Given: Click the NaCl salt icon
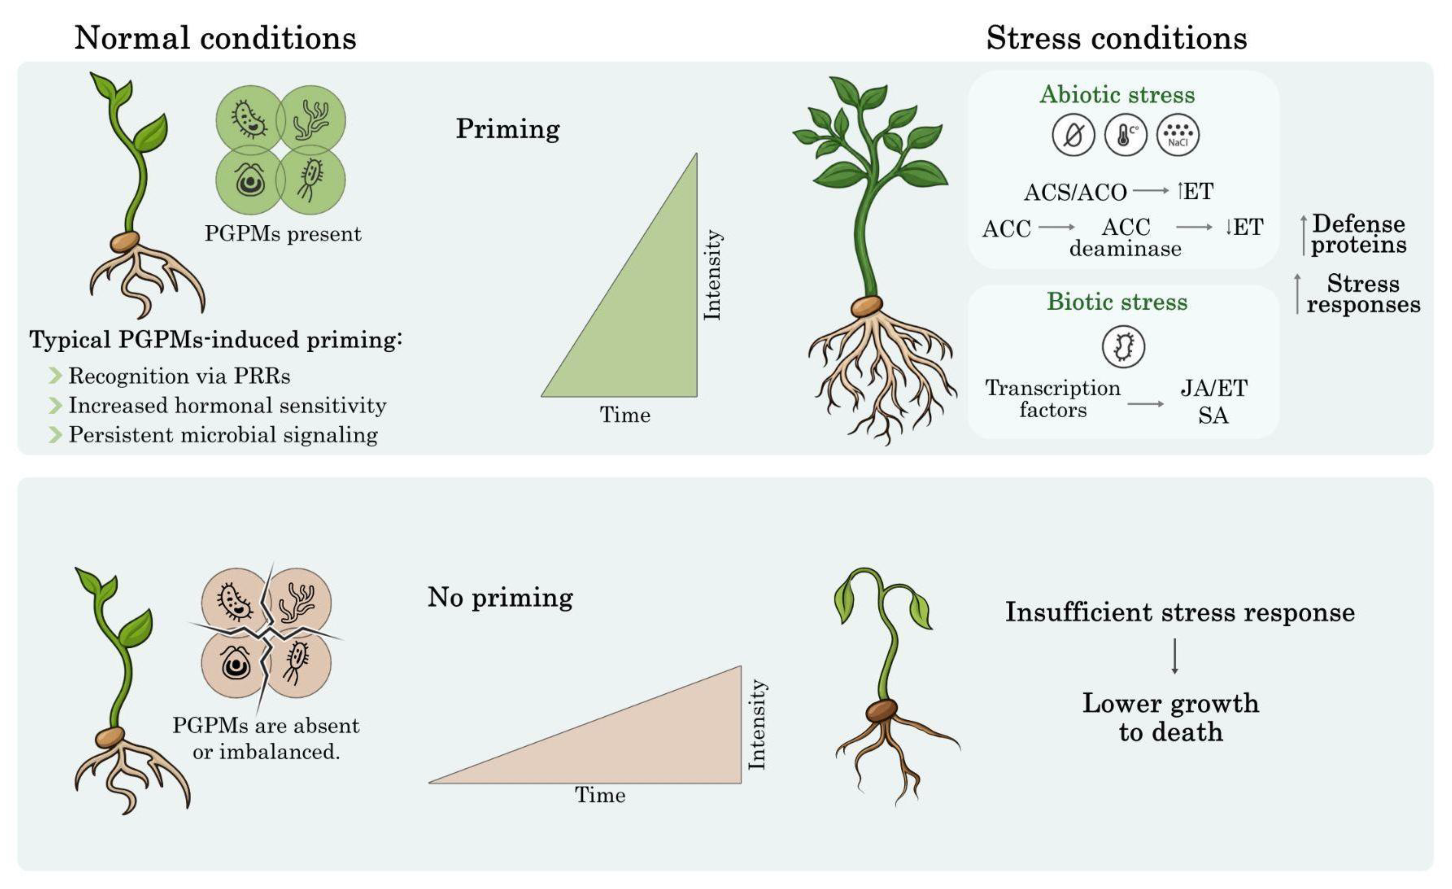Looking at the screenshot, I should coord(1178,135).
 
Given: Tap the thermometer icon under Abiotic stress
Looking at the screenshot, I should coord(1126,135).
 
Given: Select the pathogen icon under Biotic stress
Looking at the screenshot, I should coord(1123,347).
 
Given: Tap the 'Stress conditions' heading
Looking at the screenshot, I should coord(1116,38).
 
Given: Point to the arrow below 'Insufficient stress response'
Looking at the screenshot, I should coord(1174,656).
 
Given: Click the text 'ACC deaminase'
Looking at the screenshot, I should coord(1126,237).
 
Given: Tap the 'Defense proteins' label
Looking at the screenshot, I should coord(1358,234).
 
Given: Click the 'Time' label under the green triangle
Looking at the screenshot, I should coord(625,415).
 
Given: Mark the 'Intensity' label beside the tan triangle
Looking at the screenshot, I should coord(757,725).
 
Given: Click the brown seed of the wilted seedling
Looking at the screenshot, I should coord(881,710).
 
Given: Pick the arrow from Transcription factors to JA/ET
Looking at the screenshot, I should coord(1146,404).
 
